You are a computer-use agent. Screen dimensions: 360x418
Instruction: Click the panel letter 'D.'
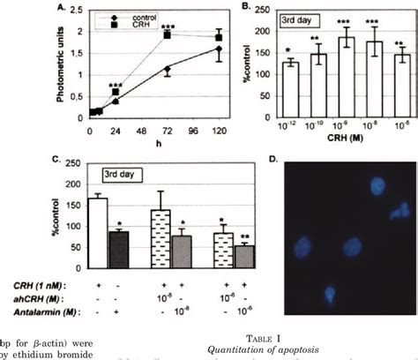(272, 160)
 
